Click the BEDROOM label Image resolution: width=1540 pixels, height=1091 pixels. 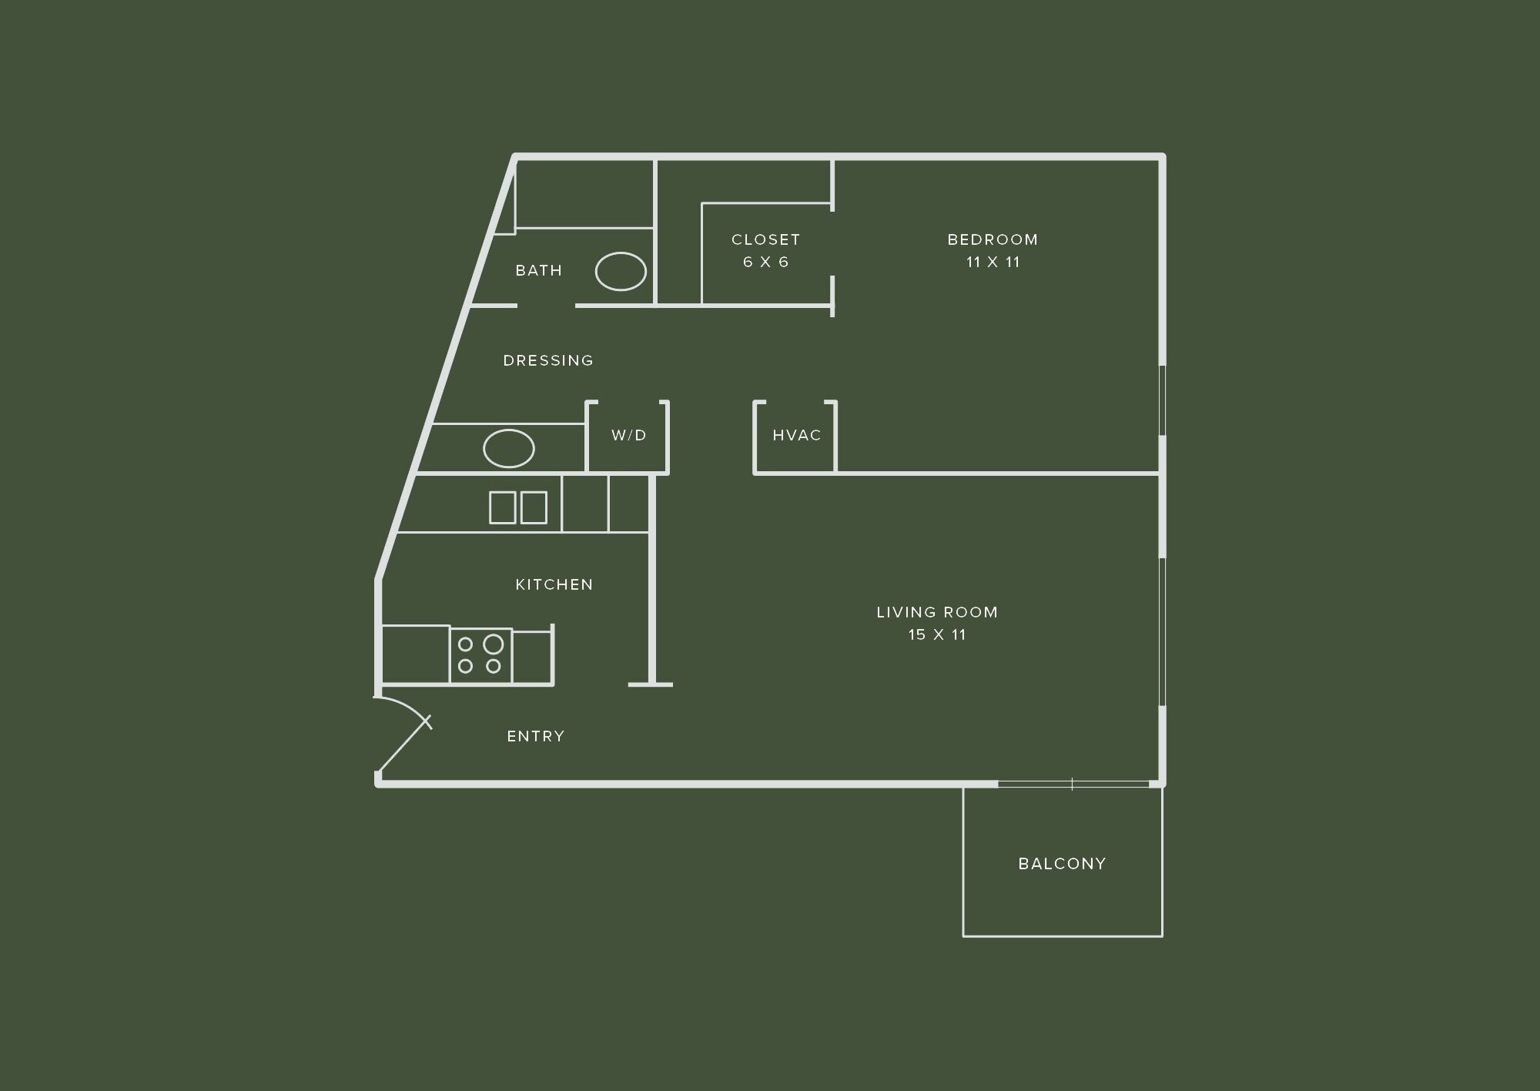[993, 239]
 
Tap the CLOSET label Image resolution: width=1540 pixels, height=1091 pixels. [765, 239]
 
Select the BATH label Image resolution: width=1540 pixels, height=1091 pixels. [538, 270]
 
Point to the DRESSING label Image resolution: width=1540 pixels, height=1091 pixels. [548, 360]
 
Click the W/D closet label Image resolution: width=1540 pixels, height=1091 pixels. [628, 435]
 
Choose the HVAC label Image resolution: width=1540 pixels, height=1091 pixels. [796, 435]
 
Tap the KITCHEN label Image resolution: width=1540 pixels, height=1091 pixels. [554, 584]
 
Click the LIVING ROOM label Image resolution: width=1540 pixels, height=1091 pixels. [937, 612]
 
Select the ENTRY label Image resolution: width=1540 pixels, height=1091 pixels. [535, 736]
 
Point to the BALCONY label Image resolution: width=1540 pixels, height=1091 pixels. [1062, 864]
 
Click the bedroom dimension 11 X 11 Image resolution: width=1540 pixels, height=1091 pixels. [993, 262]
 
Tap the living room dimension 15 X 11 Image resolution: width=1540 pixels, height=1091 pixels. [937, 634]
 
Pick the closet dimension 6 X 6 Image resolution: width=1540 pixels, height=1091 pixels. [765, 262]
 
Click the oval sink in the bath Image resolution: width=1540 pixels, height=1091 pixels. [621, 271]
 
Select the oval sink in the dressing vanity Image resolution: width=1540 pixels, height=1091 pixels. [508, 448]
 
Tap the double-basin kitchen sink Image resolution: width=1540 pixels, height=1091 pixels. [518, 507]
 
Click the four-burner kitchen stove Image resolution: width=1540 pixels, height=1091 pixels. [480, 655]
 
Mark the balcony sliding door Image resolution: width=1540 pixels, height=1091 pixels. [1073, 784]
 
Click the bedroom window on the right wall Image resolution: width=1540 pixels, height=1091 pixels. [1163, 400]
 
